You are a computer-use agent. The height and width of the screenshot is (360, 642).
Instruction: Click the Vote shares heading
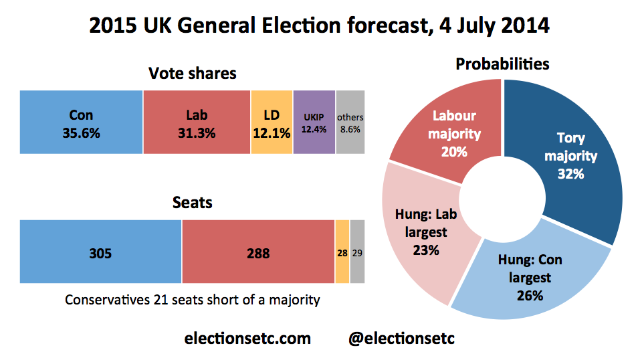193,73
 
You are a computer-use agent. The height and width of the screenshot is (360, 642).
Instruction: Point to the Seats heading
193,201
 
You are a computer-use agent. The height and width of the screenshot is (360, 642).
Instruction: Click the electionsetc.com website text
247,338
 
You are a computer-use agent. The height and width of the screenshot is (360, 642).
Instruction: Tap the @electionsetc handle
402,338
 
